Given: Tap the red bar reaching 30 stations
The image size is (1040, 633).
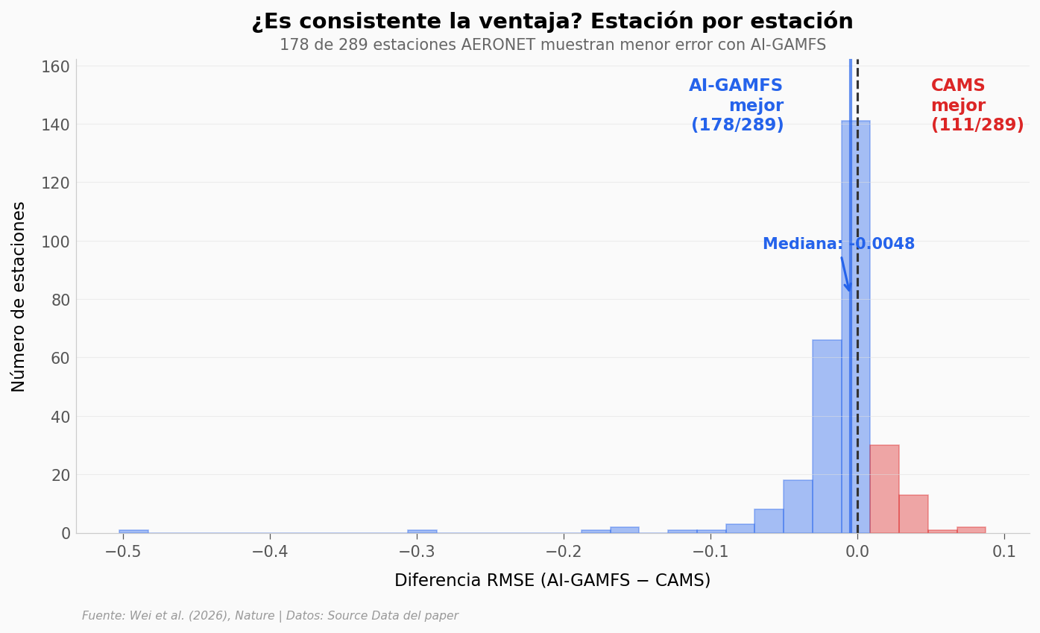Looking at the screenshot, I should [884, 489].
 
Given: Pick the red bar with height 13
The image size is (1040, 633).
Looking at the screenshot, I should [913, 514].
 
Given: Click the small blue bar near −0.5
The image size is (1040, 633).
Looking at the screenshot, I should [133, 532].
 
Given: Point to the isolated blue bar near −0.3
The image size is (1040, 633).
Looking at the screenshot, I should [422, 532].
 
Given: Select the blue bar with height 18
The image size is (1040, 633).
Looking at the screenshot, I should [798, 507].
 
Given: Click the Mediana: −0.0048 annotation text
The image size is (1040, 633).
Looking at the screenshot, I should [838, 245].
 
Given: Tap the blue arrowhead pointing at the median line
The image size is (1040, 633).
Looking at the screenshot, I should [848, 287].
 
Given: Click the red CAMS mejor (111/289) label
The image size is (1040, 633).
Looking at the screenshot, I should [977, 106].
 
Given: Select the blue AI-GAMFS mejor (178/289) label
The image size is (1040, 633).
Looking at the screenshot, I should [737, 106].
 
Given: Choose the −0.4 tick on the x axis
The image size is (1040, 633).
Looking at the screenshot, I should [270, 552].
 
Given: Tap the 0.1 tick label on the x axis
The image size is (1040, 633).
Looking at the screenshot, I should [1004, 552].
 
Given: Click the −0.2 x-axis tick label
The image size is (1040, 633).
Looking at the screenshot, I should [564, 552].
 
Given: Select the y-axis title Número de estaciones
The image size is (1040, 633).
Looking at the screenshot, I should [19, 296].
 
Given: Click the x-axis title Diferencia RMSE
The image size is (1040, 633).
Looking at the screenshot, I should [552, 581].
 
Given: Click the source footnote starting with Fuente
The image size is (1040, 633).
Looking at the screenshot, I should [270, 616].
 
